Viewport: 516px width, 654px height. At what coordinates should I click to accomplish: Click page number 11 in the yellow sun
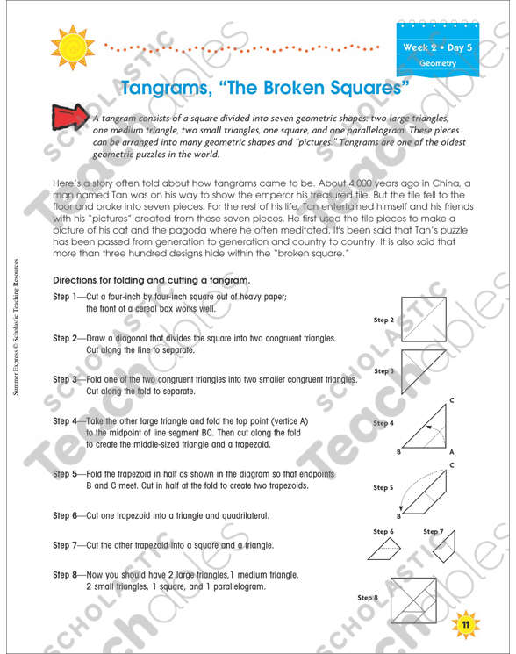click(x=466, y=623)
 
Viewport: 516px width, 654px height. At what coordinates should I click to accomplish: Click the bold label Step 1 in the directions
click(x=67, y=297)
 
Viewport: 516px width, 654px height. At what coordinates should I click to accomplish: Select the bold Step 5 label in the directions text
click(x=67, y=473)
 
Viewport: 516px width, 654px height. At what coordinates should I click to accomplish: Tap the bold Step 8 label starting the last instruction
click(x=67, y=573)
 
